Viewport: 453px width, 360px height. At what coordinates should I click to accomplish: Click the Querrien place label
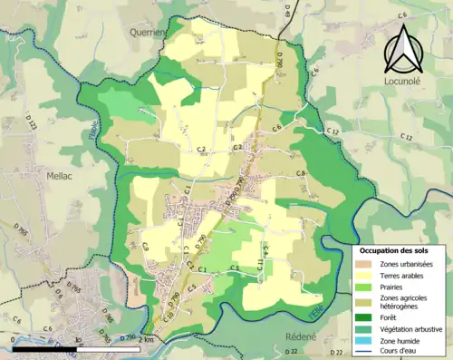coord(149,31)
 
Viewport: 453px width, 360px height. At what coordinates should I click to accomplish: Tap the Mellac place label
coord(60,179)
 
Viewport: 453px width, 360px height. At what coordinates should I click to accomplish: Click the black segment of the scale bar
coord(44,347)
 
